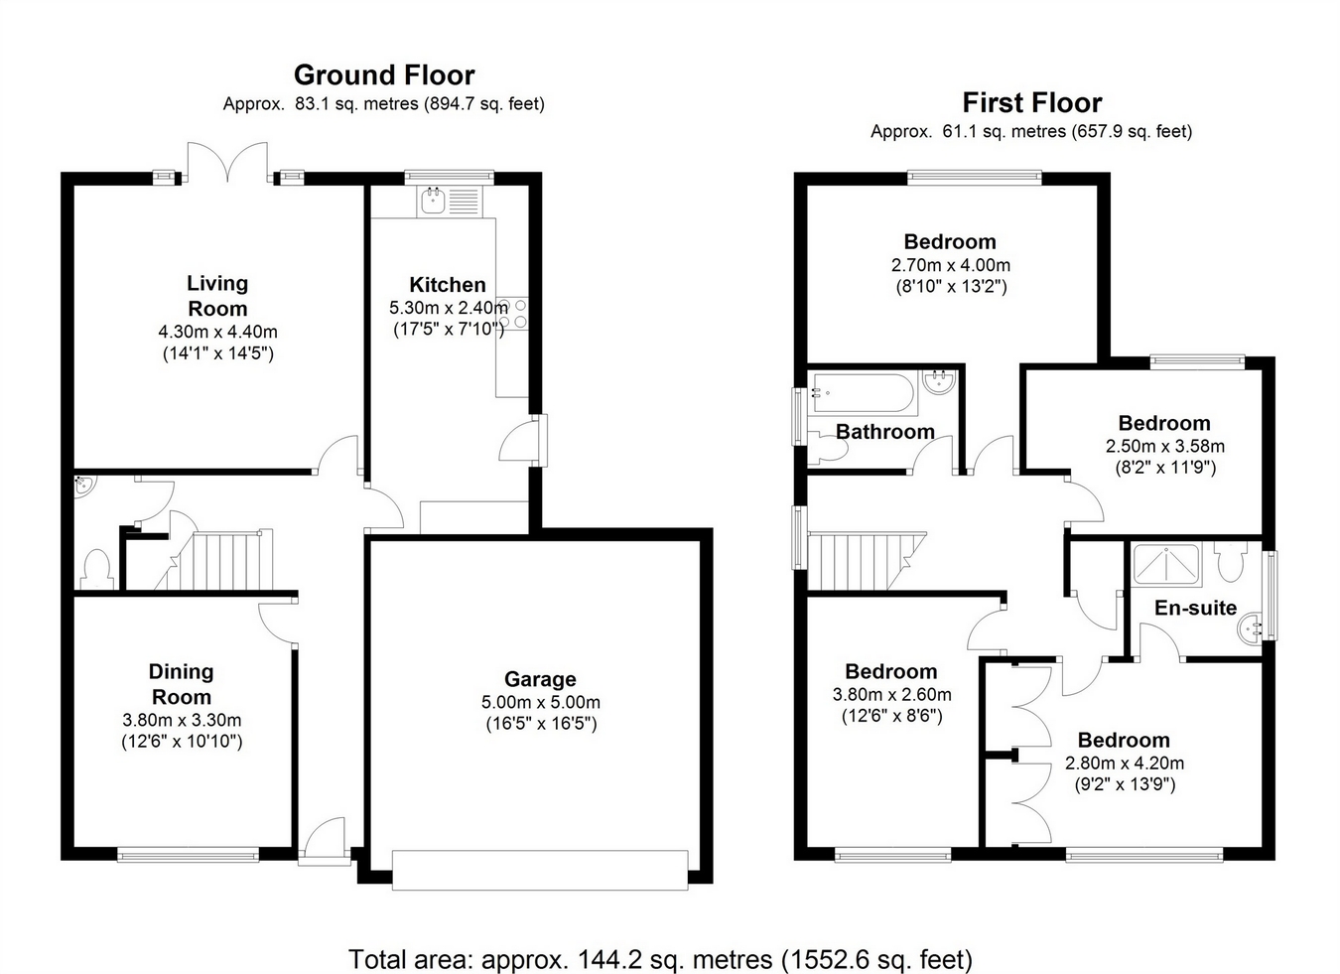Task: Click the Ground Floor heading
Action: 384,75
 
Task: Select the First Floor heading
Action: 1031,103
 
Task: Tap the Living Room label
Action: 217,296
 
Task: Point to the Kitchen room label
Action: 448,285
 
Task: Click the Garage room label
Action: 540,679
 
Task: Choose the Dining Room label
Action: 181,684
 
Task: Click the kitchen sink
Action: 433,202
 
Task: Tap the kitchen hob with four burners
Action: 512,314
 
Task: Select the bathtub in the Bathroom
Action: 864,393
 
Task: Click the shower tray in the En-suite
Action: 1167,564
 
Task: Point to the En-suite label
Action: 1195,608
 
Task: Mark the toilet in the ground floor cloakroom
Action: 96,570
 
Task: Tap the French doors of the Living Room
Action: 228,164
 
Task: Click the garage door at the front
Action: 540,870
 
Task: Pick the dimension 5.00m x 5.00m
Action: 540,702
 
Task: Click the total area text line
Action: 660,959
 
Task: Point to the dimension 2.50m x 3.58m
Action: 1164,446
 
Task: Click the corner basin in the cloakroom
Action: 82,486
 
